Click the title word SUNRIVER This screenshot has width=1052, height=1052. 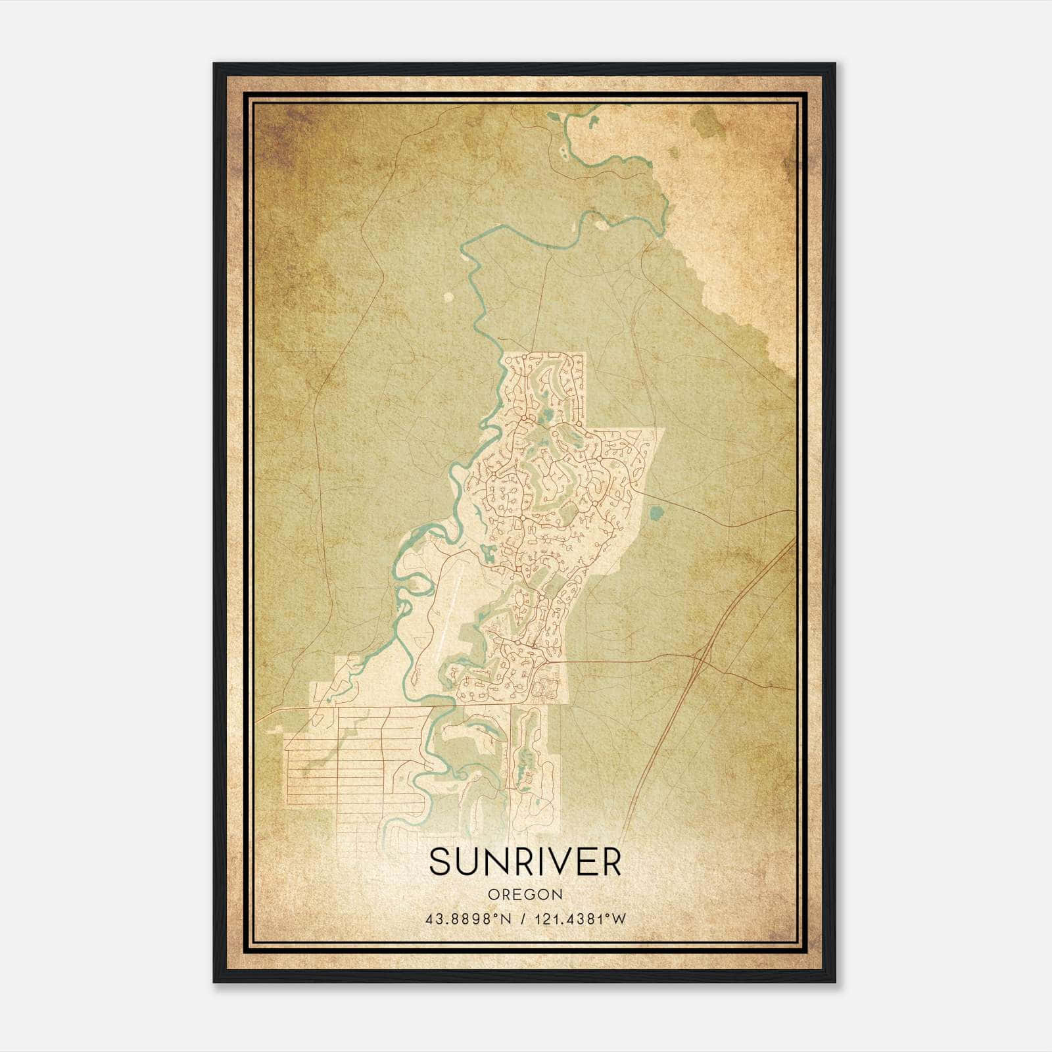click(525, 862)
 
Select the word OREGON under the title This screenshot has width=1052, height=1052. click(525, 895)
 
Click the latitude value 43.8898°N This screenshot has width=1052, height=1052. click(468, 919)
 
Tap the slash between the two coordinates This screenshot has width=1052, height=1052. click(523, 919)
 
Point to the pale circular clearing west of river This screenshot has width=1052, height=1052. click(448, 297)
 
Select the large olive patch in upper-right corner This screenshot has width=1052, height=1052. click(707, 122)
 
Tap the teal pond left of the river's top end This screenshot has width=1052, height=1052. click(552, 119)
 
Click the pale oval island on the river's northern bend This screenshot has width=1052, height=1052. click(601, 225)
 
